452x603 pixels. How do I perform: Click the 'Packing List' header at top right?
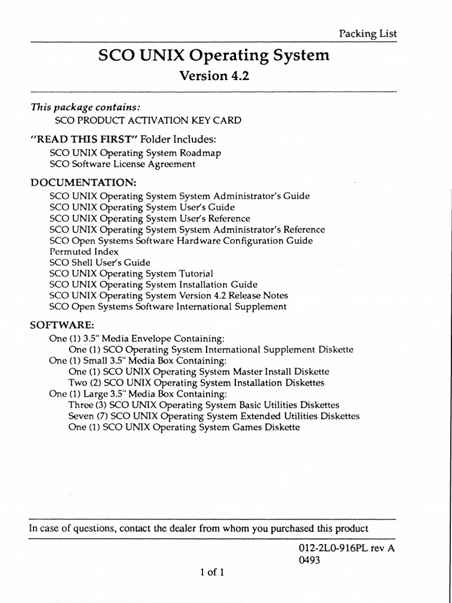[368, 34]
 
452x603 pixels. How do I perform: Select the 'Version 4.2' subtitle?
[210, 76]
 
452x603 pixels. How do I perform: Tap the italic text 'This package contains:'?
[85, 107]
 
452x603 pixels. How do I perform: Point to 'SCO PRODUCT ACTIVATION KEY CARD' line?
[148, 121]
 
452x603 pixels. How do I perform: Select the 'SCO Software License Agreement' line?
[122, 164]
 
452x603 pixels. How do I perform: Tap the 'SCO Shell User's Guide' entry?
[100, 263]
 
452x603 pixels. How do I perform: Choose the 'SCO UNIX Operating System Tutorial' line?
[131, 274]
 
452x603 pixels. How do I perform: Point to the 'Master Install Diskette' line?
[199, 372]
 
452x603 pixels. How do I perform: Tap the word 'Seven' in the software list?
[82, 416]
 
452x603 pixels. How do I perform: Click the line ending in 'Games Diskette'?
[184, 428]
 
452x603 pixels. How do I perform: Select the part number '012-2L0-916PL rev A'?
[347, 548]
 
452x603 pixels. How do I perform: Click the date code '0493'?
[310, 561]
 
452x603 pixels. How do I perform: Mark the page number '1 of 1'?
[211, 572]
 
